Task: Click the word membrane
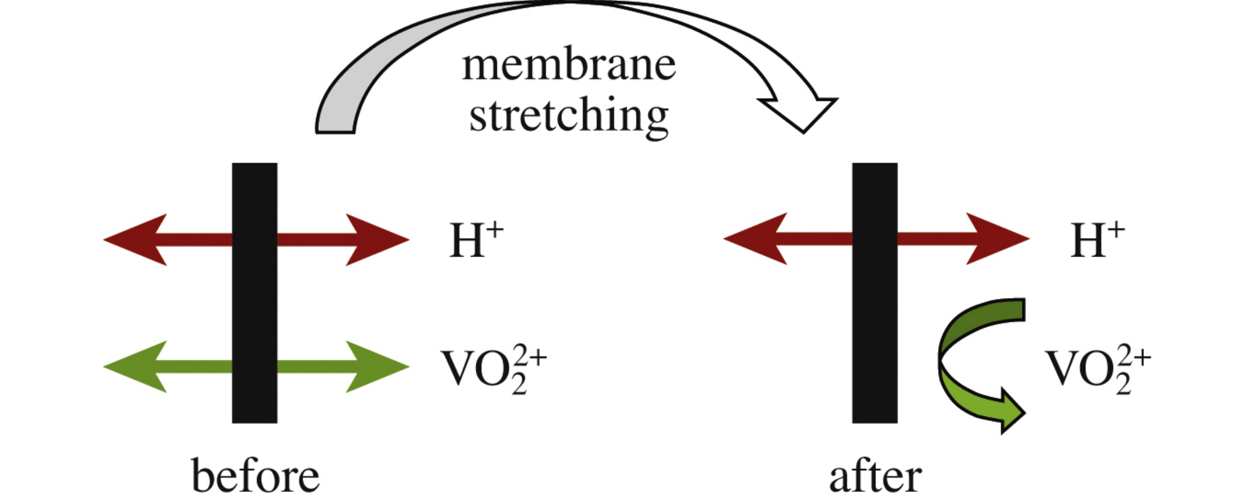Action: [x=569, y=66]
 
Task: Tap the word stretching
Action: [x=569, y=116]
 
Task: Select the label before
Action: [x=255, y=476]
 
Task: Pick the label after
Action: [x=875, y=477]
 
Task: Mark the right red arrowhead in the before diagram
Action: [x=377, y=240]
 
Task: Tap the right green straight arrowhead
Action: [x=377, y=367]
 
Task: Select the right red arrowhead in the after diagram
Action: [x=997, y=239]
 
